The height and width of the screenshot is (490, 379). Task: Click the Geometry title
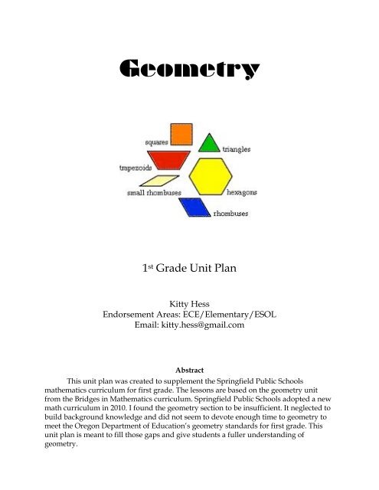tap(189, 71)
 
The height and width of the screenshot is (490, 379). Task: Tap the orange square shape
tap(181, 133)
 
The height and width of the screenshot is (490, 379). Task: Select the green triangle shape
tap(208, 142)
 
